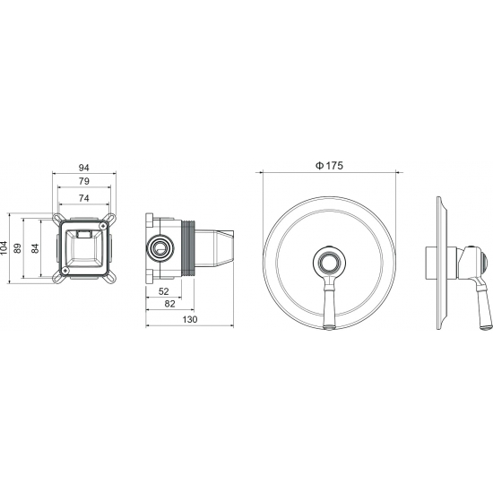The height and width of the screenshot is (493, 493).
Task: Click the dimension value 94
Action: [x=83, y=168]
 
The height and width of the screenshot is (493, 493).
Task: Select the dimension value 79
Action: [x=83, y=181]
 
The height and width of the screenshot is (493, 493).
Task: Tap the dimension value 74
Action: [x=83, y=198]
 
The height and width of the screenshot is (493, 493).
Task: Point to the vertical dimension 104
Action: [x=4, y=248]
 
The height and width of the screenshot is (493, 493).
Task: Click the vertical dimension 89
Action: [x=18, y=248]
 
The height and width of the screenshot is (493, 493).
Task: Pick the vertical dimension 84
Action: [x=35, y=248]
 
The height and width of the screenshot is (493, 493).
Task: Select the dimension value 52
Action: [x=163, y=291]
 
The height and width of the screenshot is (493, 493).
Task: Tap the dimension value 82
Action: [x=169, y=304]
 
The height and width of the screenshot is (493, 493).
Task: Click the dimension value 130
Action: [x=190, y=319]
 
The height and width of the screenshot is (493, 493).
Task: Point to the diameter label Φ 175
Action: [x=329, y=166]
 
